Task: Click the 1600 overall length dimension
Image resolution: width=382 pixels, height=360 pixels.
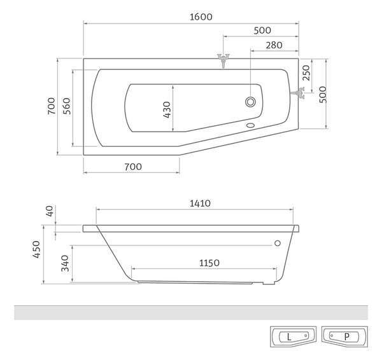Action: (201, 17)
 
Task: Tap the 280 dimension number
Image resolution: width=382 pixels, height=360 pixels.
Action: (274, 45)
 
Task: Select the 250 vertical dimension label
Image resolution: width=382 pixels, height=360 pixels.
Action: (306, 73)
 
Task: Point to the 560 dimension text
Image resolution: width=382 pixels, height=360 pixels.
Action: (66, 106)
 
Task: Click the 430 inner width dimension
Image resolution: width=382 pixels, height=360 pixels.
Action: (167, 110)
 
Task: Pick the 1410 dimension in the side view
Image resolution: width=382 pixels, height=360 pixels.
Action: (200, 204)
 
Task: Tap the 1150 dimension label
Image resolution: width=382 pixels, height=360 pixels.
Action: (209, 263)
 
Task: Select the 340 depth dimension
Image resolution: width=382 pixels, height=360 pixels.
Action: (65, 263)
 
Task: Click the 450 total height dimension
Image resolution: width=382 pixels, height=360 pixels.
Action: (36, 249)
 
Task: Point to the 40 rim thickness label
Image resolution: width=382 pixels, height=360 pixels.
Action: (50, 211)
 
